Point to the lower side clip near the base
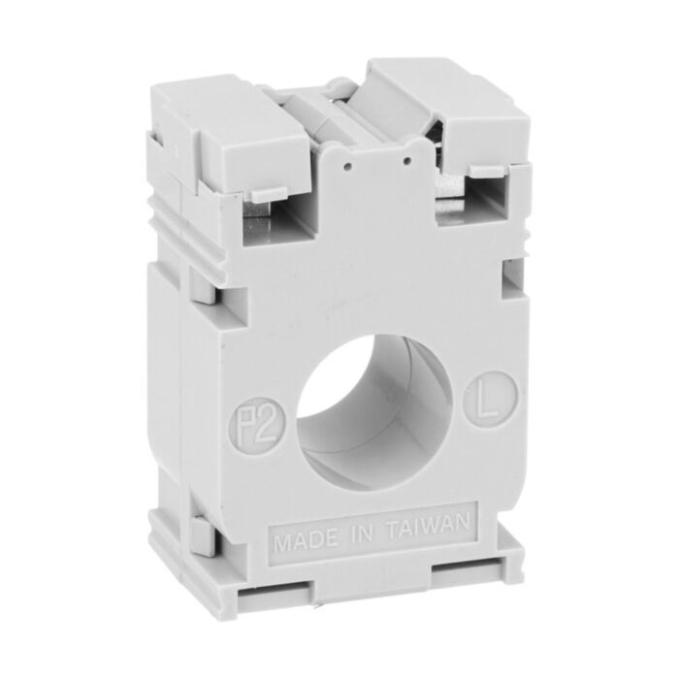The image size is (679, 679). pos(201,534)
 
